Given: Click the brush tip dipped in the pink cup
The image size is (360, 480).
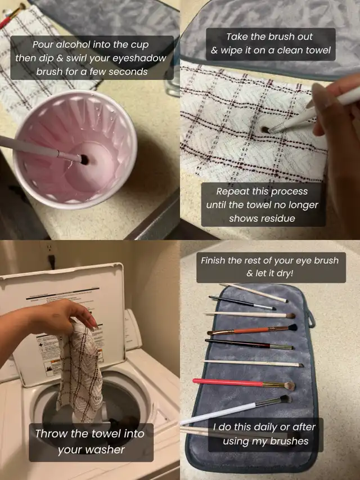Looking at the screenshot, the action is (x=84, y=159).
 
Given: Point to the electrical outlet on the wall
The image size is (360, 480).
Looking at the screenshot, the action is (x=51, y=254).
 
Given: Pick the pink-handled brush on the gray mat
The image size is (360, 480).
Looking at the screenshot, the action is (x=244, y=383).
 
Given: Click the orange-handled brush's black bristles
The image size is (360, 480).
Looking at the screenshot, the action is (x=292, y=328).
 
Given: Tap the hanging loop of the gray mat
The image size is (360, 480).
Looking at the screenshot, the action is (x=310, y=318).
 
